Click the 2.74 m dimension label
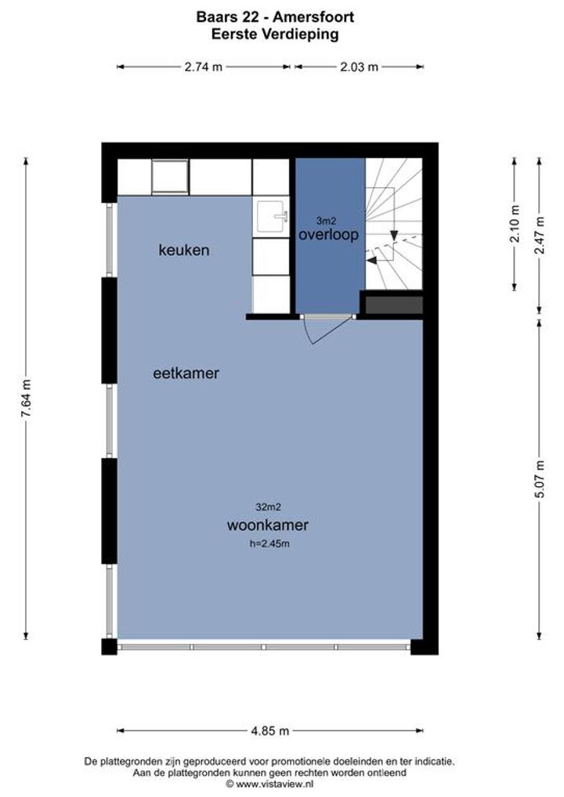204,67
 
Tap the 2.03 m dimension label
359,67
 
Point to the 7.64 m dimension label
26,399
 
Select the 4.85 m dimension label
270,731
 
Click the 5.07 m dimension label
540,479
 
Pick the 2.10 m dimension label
515,224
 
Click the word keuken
184,250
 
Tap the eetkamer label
186,373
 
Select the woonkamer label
267,525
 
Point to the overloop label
328,234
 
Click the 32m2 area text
268,507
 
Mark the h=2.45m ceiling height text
269,543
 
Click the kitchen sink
271,216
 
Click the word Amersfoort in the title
313,17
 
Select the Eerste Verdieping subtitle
275,34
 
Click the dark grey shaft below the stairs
394,305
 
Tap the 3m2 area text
326,221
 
